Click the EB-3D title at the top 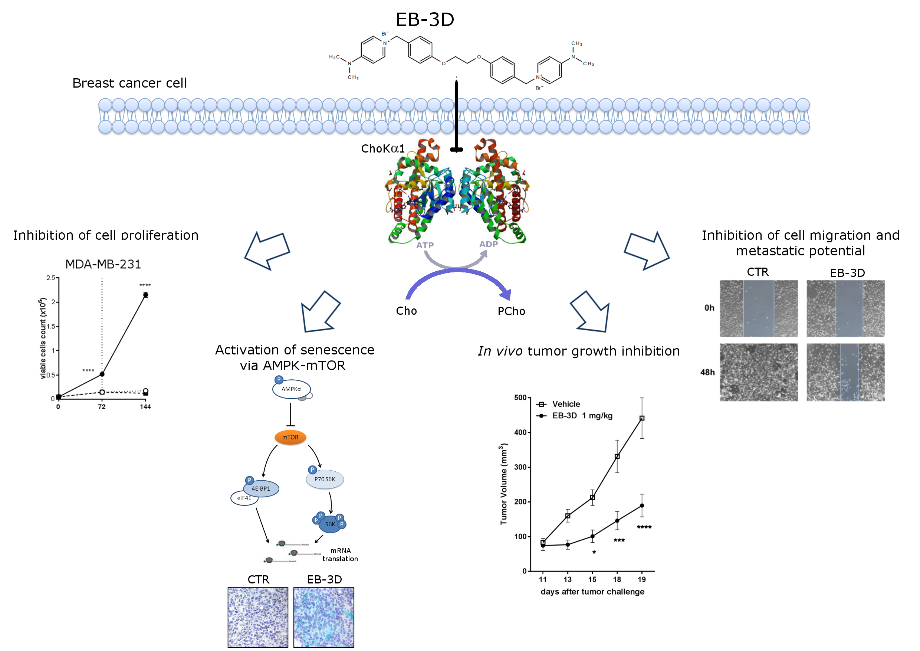click(425, 19)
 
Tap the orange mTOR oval click(290, 437)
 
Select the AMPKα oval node click(291, 389)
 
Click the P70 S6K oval click(325, 480)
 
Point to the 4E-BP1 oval click(261, 489)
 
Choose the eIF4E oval click(244, 498)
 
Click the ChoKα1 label click(383, 149)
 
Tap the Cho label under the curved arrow click(406, 311)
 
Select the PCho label click(511, 311)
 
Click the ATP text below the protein click(425, 245)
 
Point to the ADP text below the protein click(489, 244)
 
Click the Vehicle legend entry click(566, 404)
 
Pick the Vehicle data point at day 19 click(642, 418)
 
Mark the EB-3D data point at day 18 click(617, 521)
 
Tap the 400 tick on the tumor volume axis click(520, 432)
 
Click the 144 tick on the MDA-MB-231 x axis click(145, 407)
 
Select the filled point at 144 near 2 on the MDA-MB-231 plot click(145, 295)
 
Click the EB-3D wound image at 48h click(845, 372)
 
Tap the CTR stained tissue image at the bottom click(258, 617)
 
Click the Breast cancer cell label click(129, 83)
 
